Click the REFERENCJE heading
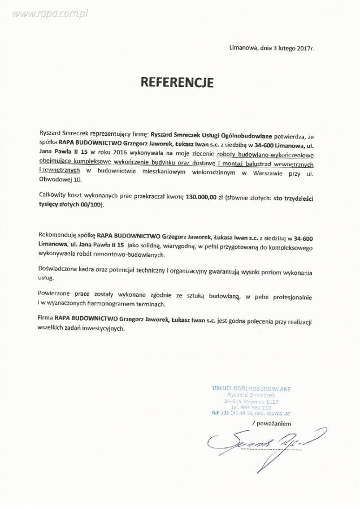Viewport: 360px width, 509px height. (177, 82)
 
